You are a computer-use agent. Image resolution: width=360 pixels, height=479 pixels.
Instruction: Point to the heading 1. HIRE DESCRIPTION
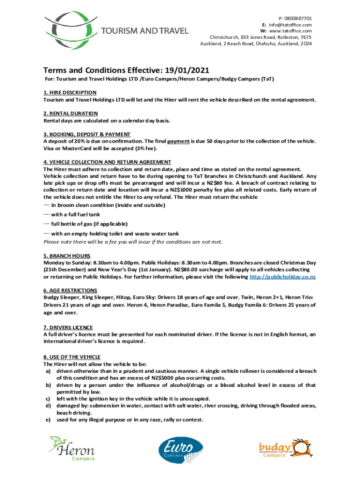70,93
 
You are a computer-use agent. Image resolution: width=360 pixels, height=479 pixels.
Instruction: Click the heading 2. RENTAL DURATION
71,113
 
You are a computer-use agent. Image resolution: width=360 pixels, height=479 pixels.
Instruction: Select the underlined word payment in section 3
178,141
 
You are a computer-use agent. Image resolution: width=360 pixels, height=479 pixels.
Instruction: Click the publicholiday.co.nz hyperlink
283,277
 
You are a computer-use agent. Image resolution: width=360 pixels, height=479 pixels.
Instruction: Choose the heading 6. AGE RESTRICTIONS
70,290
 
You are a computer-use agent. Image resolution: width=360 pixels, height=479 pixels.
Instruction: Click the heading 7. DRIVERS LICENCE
68,327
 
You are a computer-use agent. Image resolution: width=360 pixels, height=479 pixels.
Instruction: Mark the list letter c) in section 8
48,399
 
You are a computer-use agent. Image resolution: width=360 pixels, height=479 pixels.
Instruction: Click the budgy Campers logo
286,449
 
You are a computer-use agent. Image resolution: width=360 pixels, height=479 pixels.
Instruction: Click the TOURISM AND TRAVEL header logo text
145,31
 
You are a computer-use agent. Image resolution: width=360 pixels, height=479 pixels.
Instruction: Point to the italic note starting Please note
133,242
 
